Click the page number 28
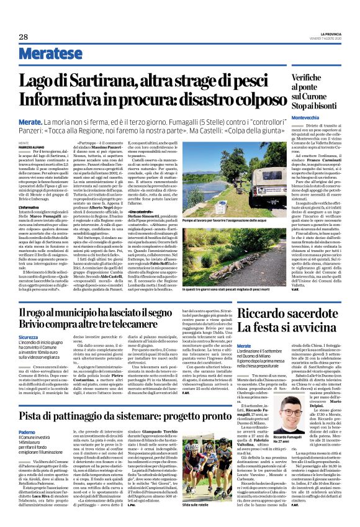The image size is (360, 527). point(24,37)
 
